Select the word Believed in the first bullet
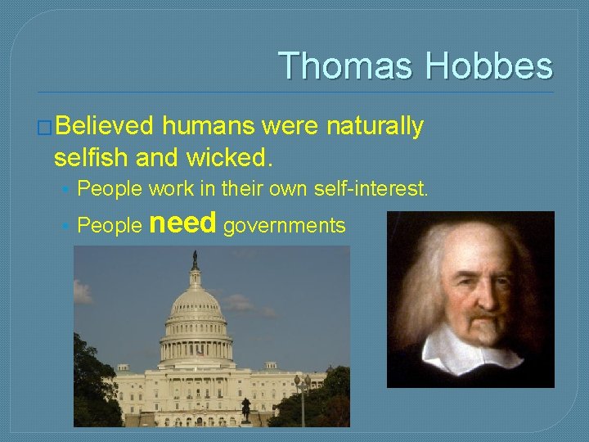106,126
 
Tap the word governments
284,226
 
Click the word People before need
109,226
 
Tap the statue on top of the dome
194,260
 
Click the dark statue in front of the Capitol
245,408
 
